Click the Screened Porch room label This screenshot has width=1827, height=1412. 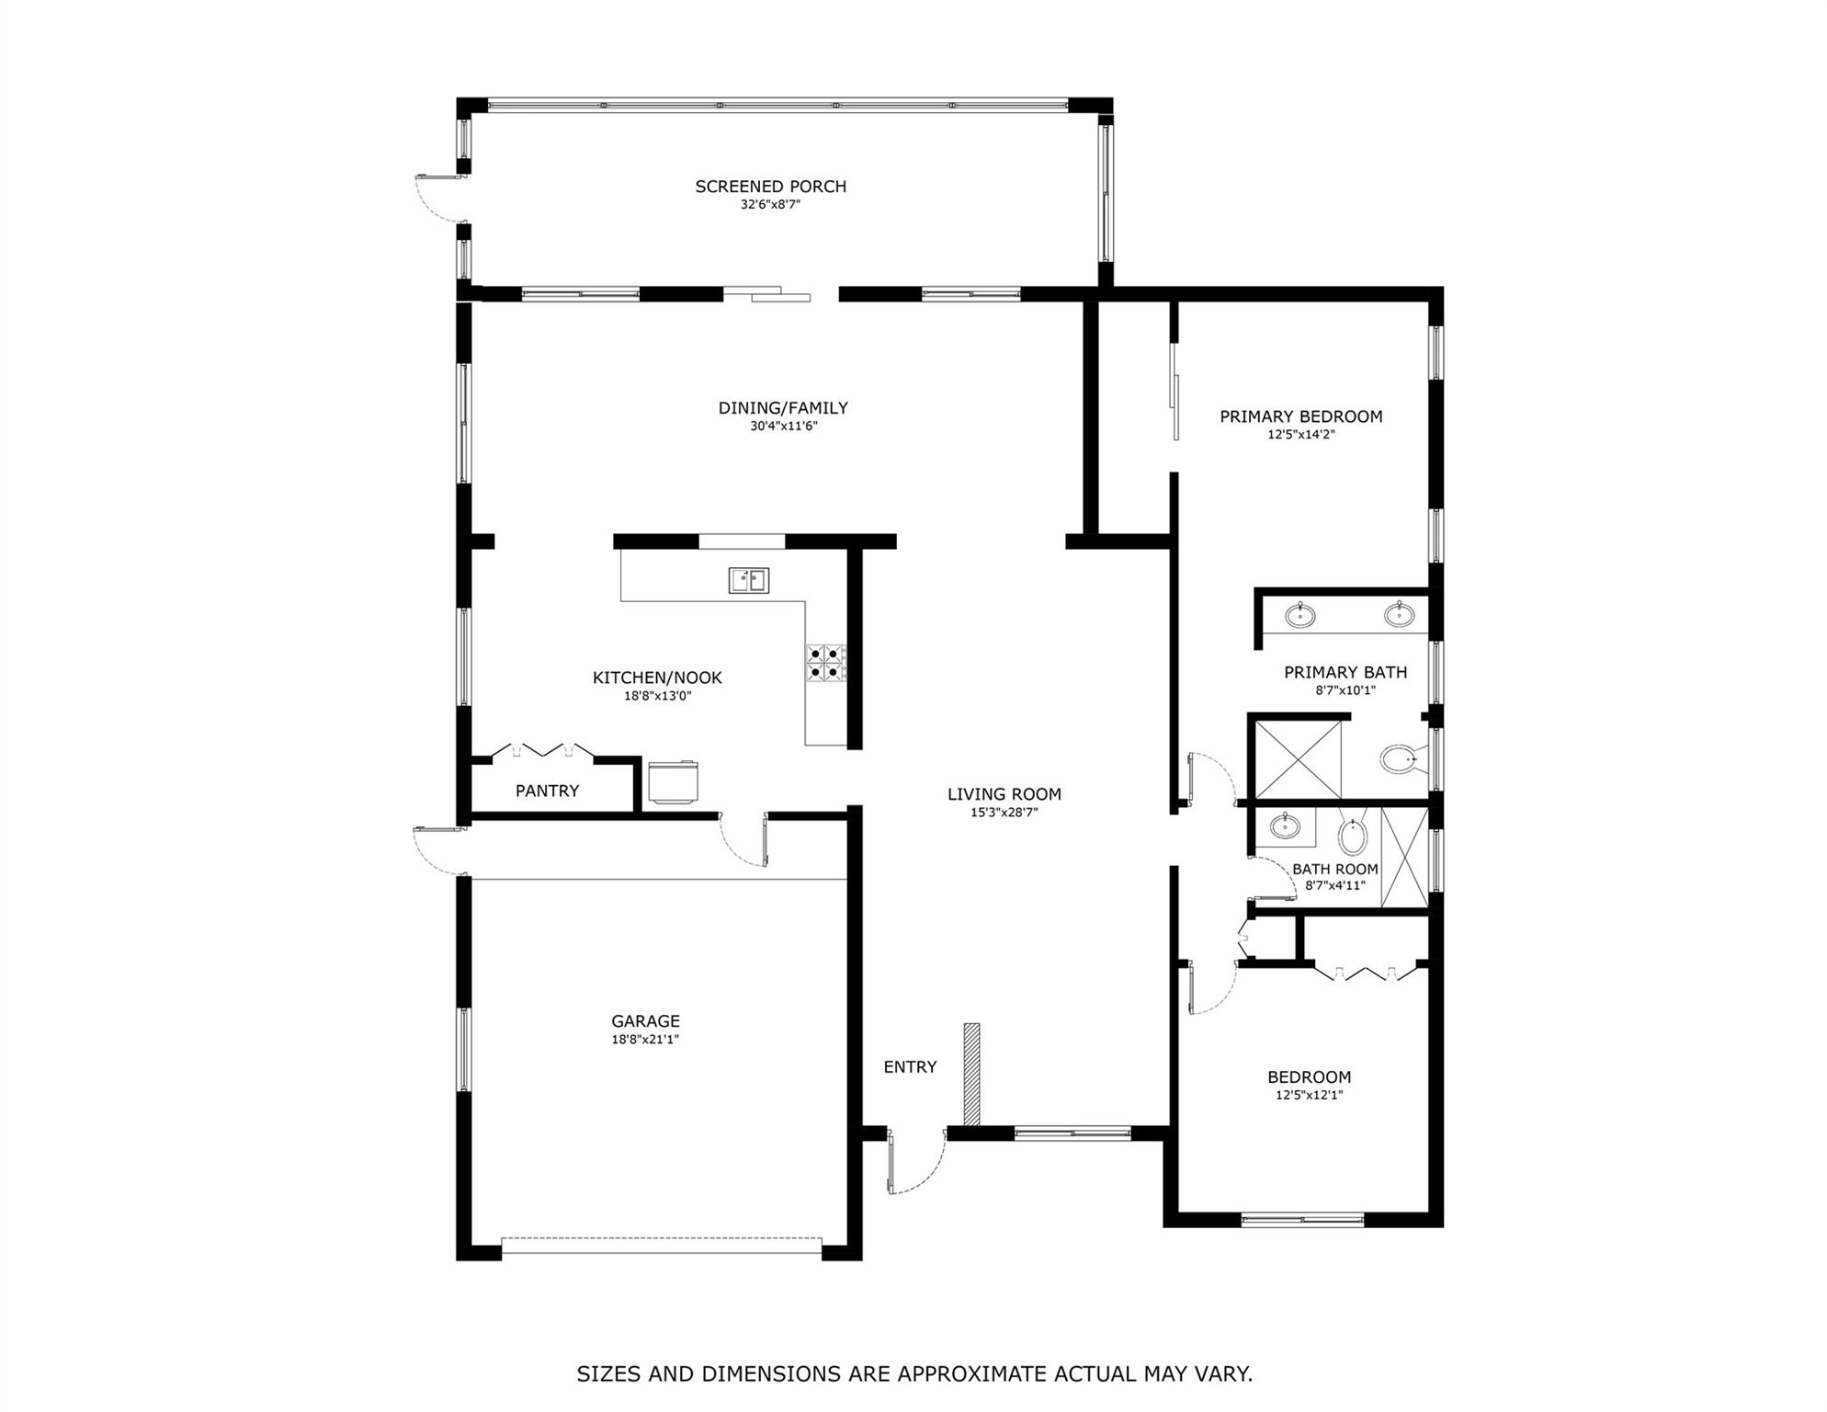[x=770, y=187]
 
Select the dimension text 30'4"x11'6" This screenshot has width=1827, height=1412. [x=783, y=427]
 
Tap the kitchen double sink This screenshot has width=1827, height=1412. [x=749, y=581]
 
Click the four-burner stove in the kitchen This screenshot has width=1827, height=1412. [x=826, y=664]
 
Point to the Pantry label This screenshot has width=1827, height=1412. [x=547, y=791]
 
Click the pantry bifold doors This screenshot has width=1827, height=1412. [x=542, y=751]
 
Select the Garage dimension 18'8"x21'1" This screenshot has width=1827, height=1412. [x=645, y=1040]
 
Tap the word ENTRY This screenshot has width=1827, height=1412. [x=910, y=1067]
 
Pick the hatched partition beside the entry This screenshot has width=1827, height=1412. [x=971, y=1074]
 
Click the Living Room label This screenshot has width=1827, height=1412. [x=1004, y=794]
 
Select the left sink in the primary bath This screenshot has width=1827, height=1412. [x=1299, y=615]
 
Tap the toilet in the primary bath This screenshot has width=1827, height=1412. [x=1399, y=759]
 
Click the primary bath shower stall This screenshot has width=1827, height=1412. [x=1298, y=759]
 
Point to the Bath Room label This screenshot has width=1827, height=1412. [x=1334, y=869]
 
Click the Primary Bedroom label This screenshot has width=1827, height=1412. [x=1300, y=416]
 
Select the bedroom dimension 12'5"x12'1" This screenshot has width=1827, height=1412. [x=1309, y=1096]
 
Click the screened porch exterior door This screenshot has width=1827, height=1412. [x=437, y=198]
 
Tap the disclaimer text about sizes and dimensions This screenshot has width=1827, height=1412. [x=914, y=1374]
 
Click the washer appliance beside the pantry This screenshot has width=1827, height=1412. [x=673, y=781]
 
